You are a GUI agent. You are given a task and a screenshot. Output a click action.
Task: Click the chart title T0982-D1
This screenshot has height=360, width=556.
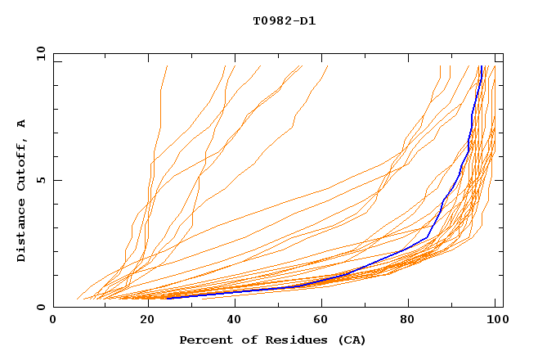point(284,20)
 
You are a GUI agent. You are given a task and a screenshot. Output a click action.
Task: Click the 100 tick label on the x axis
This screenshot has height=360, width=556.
point(495,321)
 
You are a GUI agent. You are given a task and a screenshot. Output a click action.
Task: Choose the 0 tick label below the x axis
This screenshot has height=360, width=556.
point(54,321)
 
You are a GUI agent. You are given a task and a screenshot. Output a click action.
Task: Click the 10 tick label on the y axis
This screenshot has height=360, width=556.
point(38,54)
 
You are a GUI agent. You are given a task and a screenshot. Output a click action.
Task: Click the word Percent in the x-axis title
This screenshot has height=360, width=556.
point(205,340)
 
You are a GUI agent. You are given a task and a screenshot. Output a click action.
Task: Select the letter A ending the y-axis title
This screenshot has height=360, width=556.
point(21,124)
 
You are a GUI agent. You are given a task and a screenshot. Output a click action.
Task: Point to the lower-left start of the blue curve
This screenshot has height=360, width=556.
point(167,298)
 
